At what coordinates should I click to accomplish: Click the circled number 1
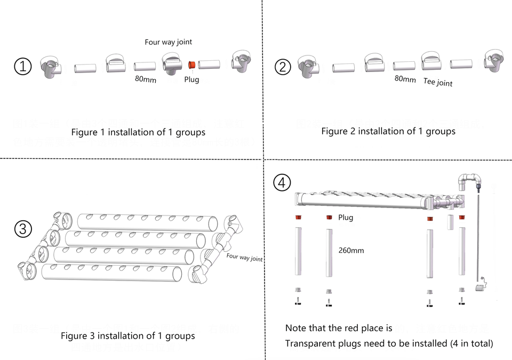coord(23,67)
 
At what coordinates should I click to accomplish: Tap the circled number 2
coord(283,67)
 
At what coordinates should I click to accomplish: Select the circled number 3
coord(23,229)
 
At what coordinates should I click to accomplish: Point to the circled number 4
coord(282,182)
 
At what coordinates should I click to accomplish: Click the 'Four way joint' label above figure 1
coord(169,42)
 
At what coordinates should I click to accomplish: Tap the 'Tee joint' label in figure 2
coord(438,82)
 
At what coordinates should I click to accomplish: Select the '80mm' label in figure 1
coord(145,79)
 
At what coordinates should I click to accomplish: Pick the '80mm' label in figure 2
coord(405,79)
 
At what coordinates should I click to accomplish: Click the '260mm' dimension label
coord(351,250)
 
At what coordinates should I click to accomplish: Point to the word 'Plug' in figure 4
coord(346,218)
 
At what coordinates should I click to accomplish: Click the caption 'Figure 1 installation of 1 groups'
coord(138,132)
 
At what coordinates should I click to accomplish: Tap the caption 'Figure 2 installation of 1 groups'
coord(388,131)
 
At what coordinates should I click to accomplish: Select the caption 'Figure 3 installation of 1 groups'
coord(128,336)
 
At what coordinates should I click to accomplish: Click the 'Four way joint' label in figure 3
coord(244,257)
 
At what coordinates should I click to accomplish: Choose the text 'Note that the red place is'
coord(339,328)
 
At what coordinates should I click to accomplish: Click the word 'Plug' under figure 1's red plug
coord(191,79)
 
